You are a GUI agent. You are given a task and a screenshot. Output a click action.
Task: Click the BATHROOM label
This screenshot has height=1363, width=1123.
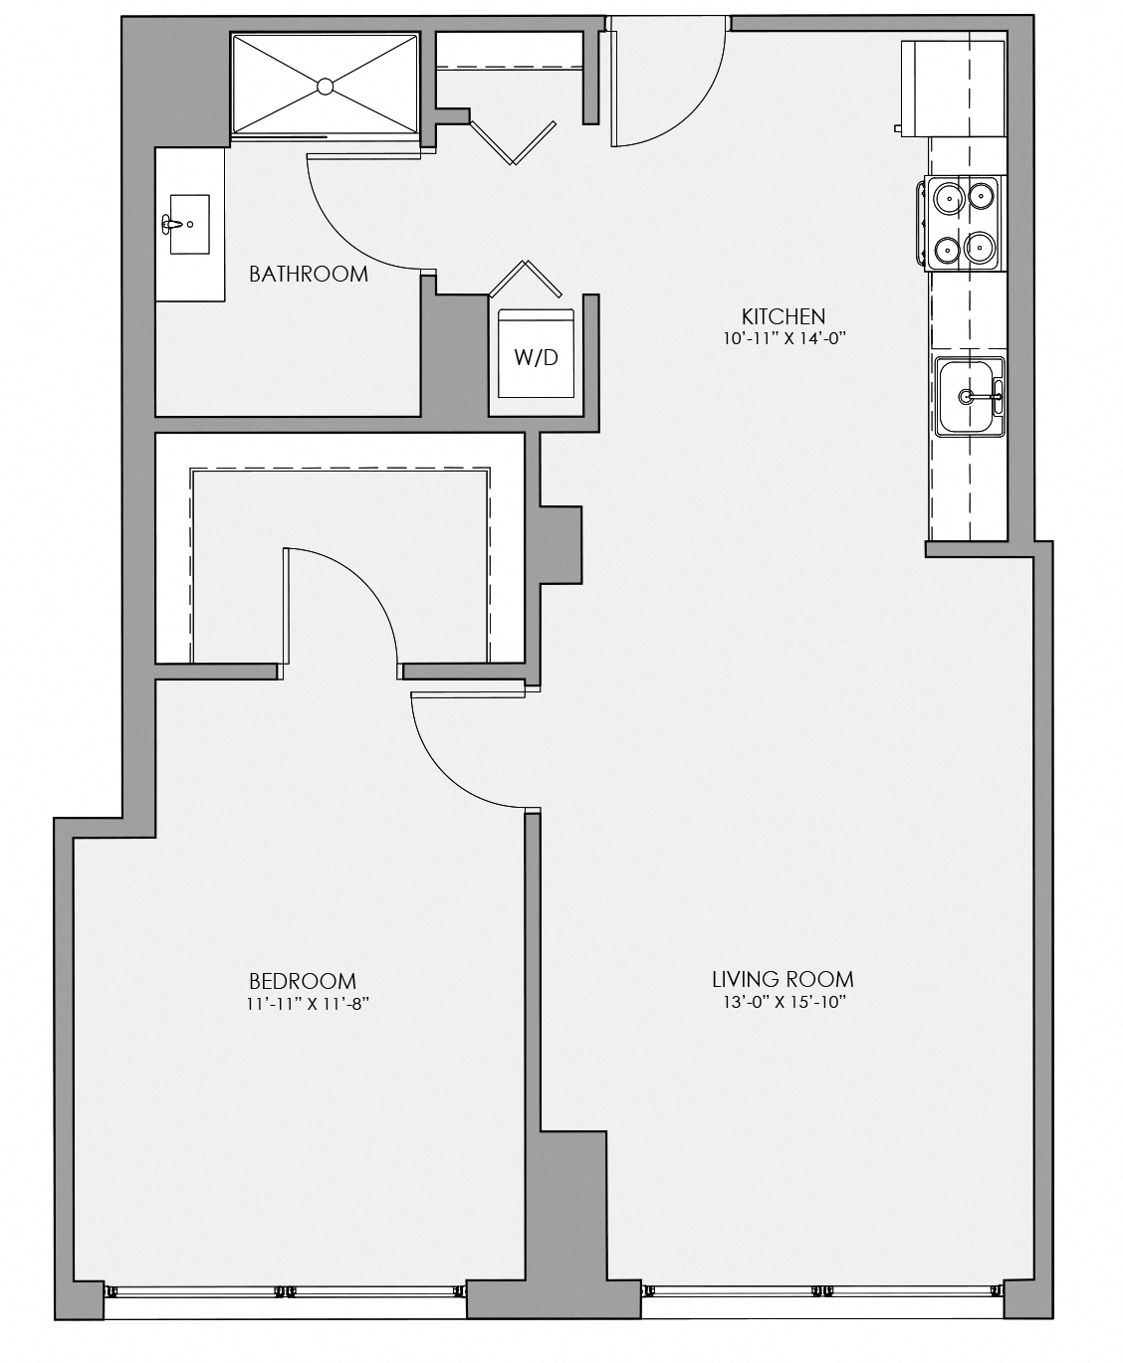pos(309,274)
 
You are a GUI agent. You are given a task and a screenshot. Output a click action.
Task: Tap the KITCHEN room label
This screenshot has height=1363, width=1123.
pos(784,316)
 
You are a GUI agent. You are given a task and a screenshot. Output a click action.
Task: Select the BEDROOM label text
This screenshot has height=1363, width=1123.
pos(303,981)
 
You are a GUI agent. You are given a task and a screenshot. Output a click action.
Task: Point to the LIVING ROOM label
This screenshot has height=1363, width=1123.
pos(783,979)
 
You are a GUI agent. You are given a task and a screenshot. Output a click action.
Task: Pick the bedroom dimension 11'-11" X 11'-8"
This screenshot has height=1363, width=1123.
pos(303,1004)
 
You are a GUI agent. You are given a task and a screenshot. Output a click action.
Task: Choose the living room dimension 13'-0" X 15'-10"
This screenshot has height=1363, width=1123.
pos(782,1003)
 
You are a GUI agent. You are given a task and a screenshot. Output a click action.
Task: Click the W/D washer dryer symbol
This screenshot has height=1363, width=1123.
pos(537,357)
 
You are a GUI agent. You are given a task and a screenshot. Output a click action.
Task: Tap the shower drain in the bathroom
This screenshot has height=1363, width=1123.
pos(325,87)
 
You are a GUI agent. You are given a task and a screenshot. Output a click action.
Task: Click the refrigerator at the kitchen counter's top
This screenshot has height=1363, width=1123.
pos(953,87)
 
